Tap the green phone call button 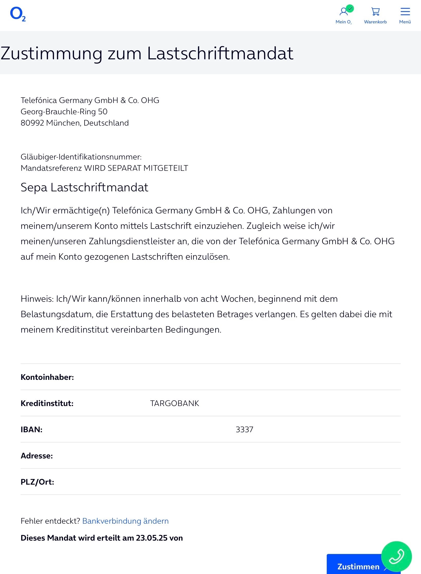click(396, 557)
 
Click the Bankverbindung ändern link click(125, 521)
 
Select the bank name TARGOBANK click(175, 403)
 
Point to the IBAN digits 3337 click(245, 430)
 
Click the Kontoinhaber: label click(47, 377)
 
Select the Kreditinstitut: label click(47, 403)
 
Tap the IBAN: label click(32, 430)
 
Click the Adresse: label click(37, 456)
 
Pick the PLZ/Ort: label click(37, 482)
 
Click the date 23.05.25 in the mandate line click(151, 538)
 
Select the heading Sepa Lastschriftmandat click(84, 187)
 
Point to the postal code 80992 click(32, 123)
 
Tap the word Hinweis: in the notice click(37, 299)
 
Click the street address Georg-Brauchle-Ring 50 click(64, 112)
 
